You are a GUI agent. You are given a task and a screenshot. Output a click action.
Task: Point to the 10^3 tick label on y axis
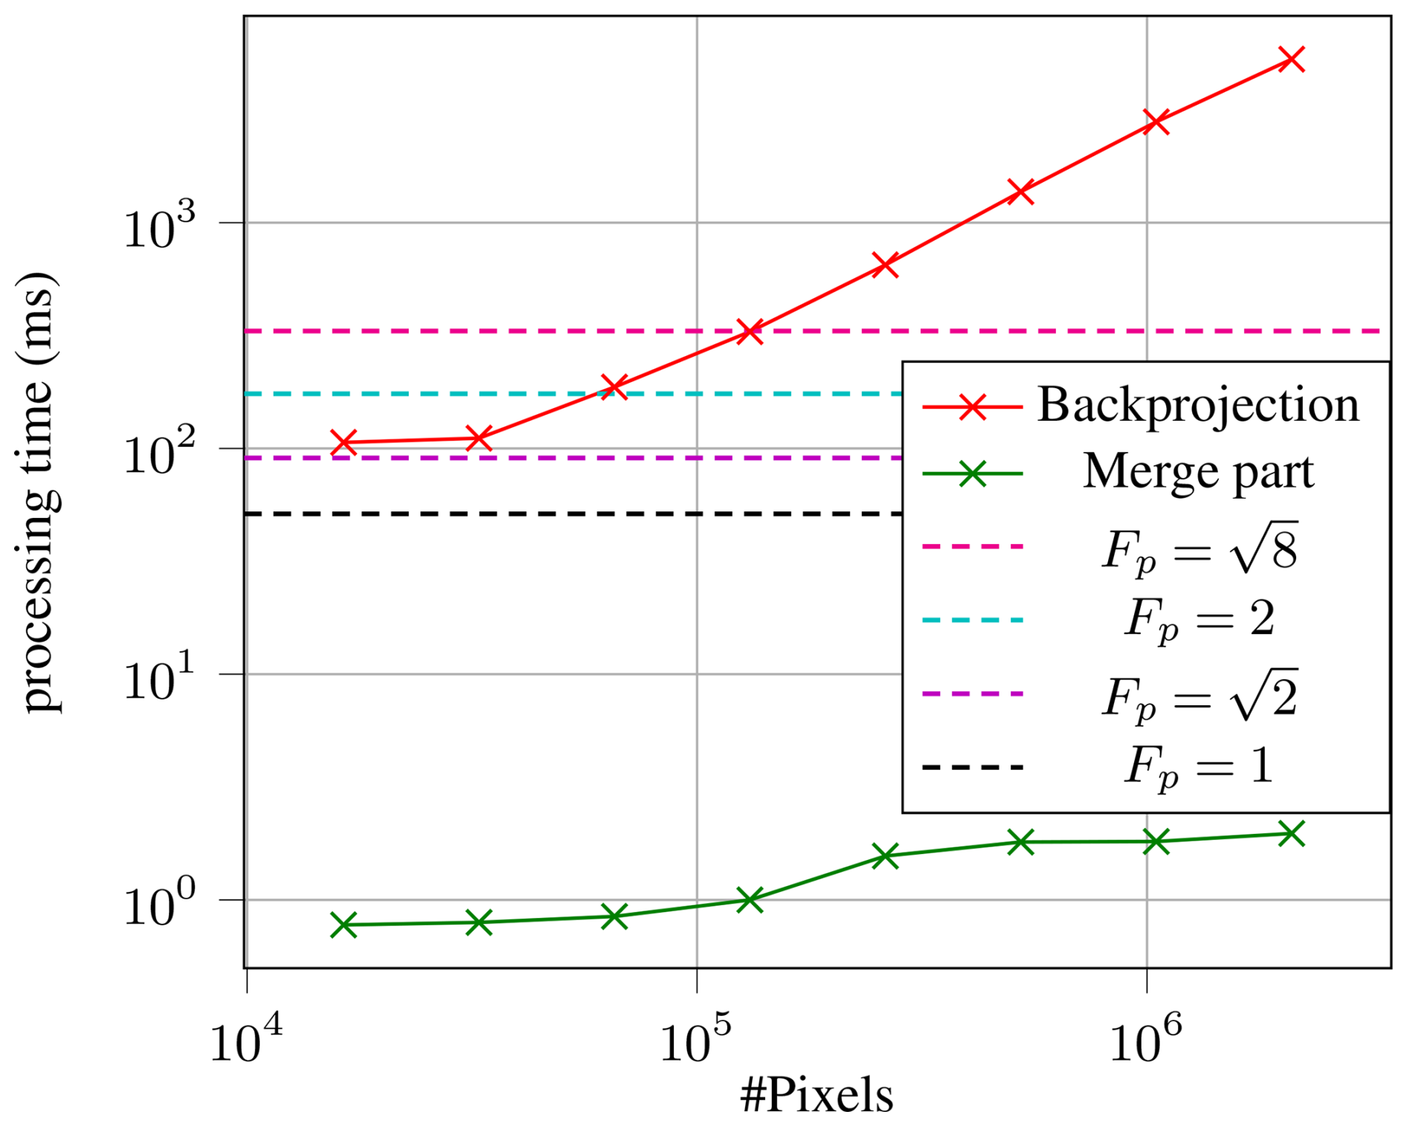(159, 226)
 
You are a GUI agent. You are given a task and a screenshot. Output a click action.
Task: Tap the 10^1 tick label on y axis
(159, 678)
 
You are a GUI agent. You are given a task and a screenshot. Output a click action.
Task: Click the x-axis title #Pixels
(817, 1094)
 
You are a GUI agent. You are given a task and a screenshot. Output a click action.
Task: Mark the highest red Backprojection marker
(1291, 59)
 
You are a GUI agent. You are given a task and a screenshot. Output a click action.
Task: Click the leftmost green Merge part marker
(344, 925)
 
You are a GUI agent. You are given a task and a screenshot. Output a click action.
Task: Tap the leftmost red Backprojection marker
(344, 442)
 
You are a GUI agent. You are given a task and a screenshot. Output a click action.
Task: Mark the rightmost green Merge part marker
(1291, 833)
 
